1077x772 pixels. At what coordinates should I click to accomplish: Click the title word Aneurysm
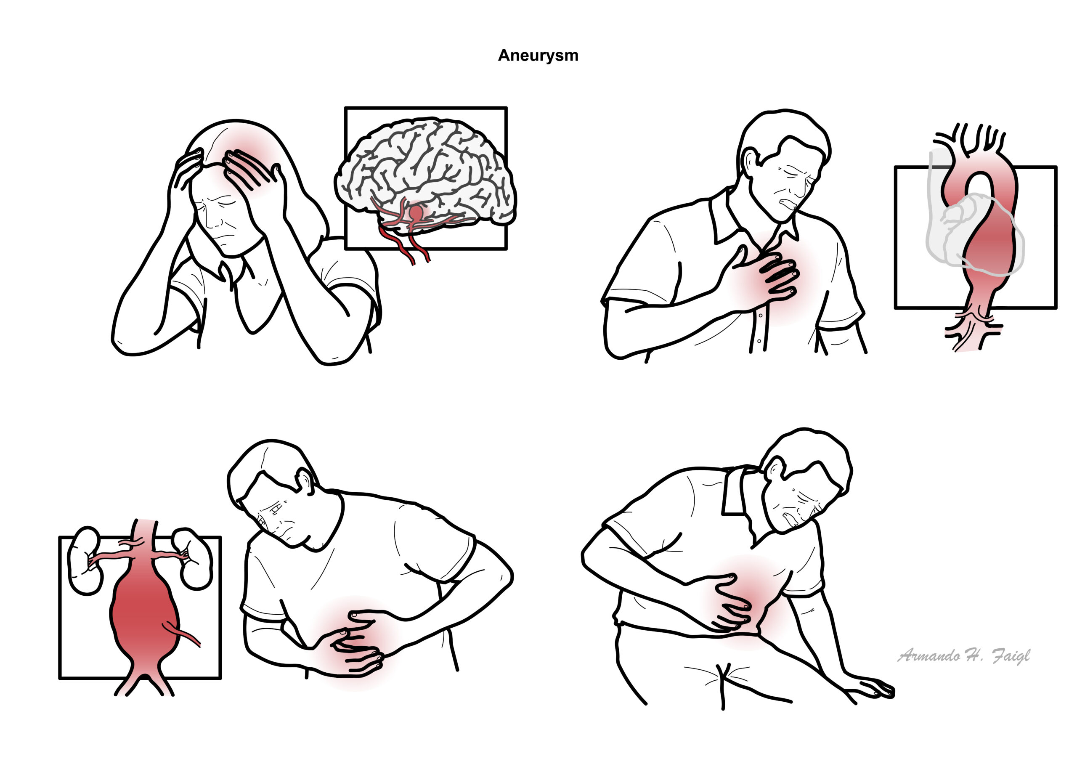click(538, 56)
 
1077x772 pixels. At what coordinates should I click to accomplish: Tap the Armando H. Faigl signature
click(963, 656)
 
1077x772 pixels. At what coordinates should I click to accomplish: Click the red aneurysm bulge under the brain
click(416, 212)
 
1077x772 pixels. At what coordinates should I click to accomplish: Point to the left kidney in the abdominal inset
click(85, 560)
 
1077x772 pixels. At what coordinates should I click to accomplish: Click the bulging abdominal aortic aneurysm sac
click(144, 613)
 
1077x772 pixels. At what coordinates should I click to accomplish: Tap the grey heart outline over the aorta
click(974, 233)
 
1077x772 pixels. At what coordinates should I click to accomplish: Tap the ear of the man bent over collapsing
click(776, 470)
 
